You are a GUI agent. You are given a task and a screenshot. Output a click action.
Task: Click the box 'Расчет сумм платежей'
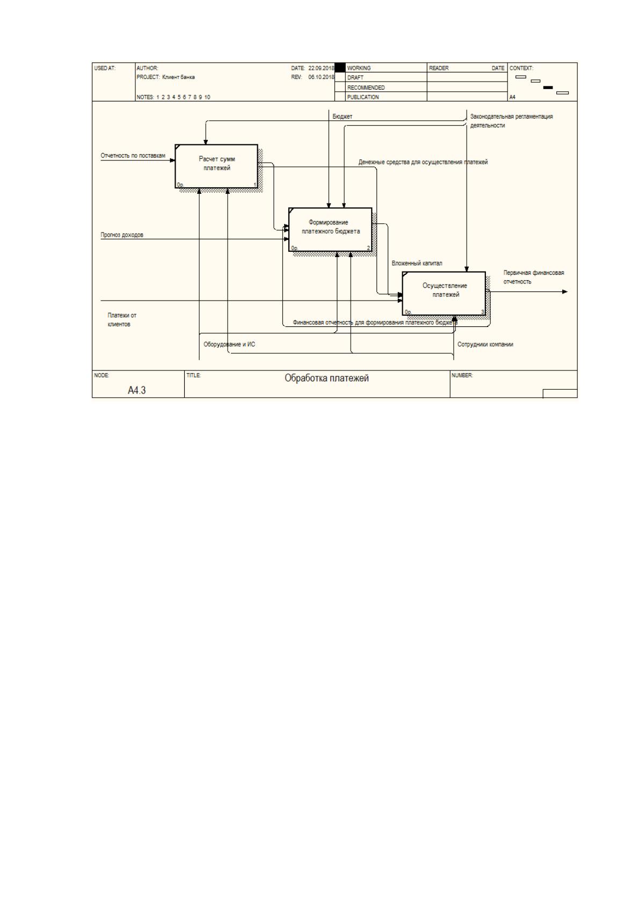216,166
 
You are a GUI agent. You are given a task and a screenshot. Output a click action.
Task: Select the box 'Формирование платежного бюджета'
330,229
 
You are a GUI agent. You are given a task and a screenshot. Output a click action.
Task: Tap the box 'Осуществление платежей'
444,294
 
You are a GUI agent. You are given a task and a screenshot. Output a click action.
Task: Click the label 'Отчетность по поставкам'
133,155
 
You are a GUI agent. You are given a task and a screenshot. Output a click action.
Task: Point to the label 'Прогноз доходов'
122,235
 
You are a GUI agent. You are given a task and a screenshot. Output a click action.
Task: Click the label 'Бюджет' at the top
342,116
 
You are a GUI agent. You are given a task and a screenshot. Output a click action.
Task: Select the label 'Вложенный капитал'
417,263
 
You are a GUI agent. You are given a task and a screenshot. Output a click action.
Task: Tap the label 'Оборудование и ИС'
229,344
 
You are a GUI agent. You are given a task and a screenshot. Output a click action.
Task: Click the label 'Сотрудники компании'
485,344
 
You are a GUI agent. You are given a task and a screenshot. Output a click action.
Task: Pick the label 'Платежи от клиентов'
122,319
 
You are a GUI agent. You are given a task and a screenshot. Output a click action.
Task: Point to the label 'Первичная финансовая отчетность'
533,277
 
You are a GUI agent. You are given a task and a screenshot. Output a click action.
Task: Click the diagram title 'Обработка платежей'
326,378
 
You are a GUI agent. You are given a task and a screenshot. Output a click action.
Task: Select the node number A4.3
137,390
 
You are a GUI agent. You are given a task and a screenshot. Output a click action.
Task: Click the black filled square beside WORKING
340,68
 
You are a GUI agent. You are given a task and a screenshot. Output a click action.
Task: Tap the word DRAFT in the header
355,77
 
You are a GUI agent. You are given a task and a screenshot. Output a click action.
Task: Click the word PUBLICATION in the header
363,97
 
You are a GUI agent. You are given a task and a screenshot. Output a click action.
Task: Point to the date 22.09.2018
321,68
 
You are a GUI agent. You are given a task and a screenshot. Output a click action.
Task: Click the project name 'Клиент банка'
178,77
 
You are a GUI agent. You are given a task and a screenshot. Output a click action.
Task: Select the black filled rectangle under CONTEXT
548,88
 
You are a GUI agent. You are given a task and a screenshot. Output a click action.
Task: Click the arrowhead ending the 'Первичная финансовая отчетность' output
565,292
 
